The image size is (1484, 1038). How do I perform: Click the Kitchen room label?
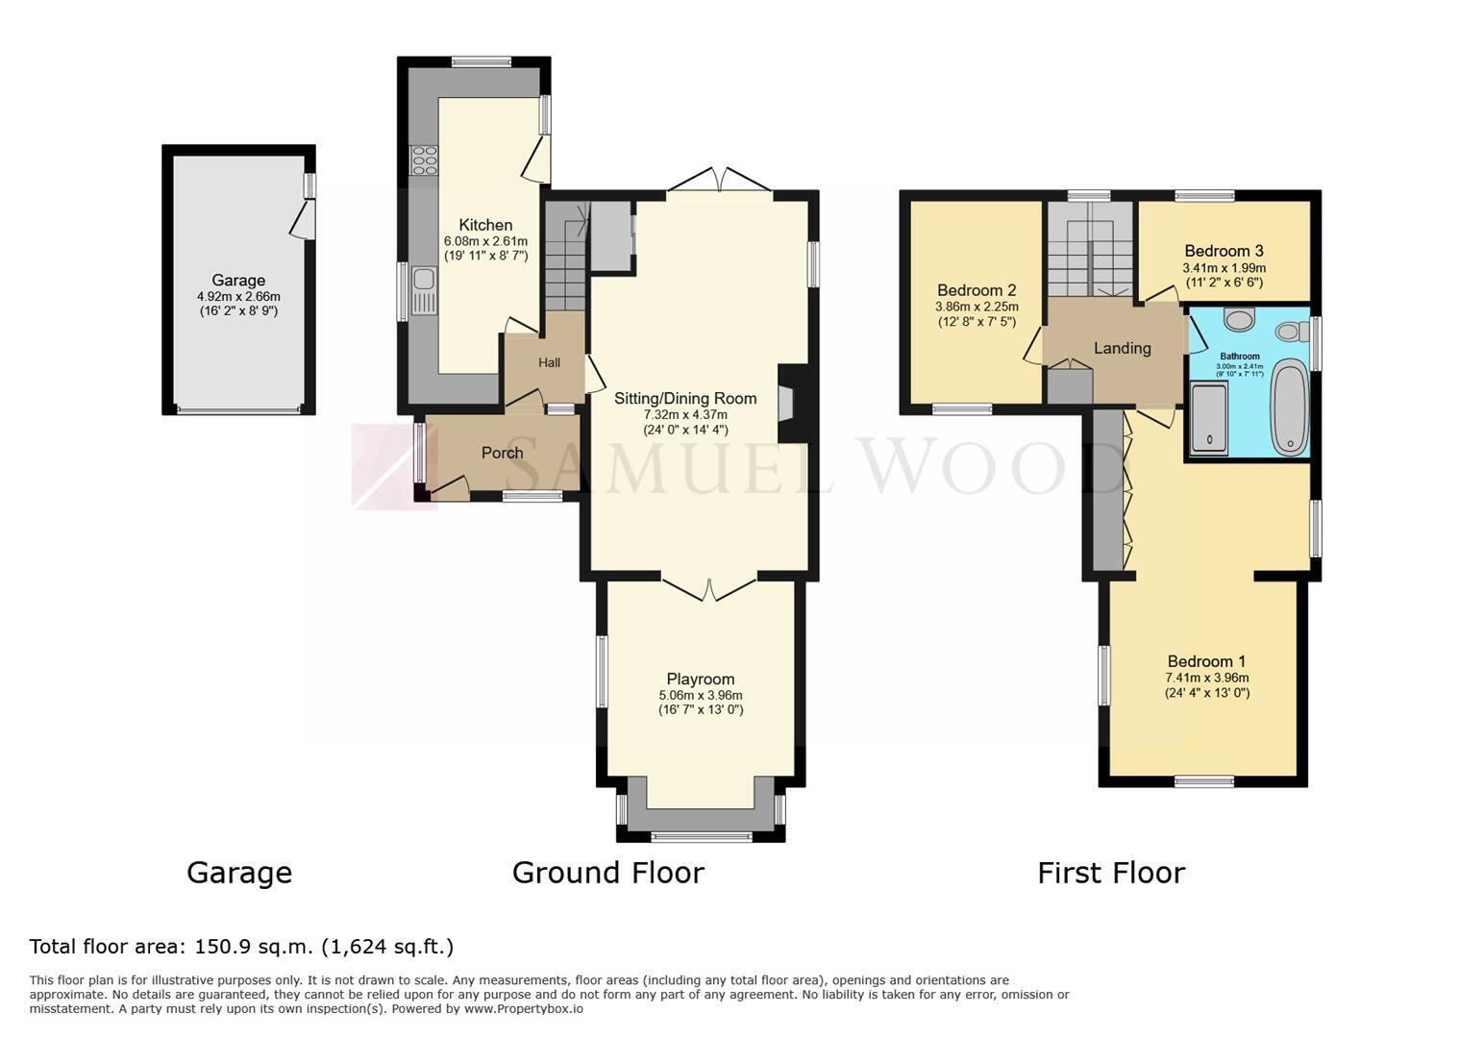(x=485, y=225)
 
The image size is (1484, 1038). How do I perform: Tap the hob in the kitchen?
(x=424, y=161)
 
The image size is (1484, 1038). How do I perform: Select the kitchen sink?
(x=424, y=290)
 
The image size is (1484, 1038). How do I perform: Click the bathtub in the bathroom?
(x=1290, y=407)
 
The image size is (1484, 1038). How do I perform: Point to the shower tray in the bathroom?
(x=1209, y=419)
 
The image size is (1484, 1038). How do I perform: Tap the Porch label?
(x=502, y=453)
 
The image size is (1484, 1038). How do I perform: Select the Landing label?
(x=1123, y=348)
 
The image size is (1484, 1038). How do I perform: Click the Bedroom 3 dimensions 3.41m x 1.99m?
(x=1224, y=268)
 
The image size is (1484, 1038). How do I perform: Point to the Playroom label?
(x=701, y=679)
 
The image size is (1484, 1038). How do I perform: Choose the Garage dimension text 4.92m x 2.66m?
(x=238, y=297)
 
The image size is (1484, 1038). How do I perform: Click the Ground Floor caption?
(x=608, y=873)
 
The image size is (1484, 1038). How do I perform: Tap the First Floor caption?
(x=1111, y=873)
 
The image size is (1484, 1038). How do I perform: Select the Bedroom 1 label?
(x=1206, y=661)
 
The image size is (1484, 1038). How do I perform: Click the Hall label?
(x=549, y=362)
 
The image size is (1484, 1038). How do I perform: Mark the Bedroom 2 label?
(x=977, y=290)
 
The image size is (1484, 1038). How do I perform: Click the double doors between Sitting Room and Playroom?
(x=709, y=589)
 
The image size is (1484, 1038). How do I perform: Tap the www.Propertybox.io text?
(x=524, y=1009)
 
